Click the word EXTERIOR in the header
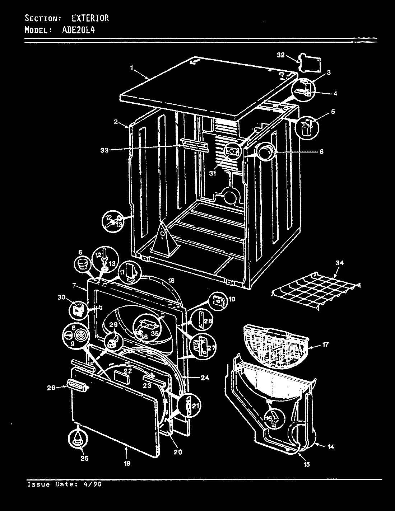pos(90,18)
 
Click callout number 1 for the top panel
pos(132,67)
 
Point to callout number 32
pos(280,55)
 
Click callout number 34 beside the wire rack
pos(339,263)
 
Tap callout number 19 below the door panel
pos(127,463)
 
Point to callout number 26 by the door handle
pos(51,387)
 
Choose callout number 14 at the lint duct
pos(331,447)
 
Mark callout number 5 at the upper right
pos(333,112)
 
